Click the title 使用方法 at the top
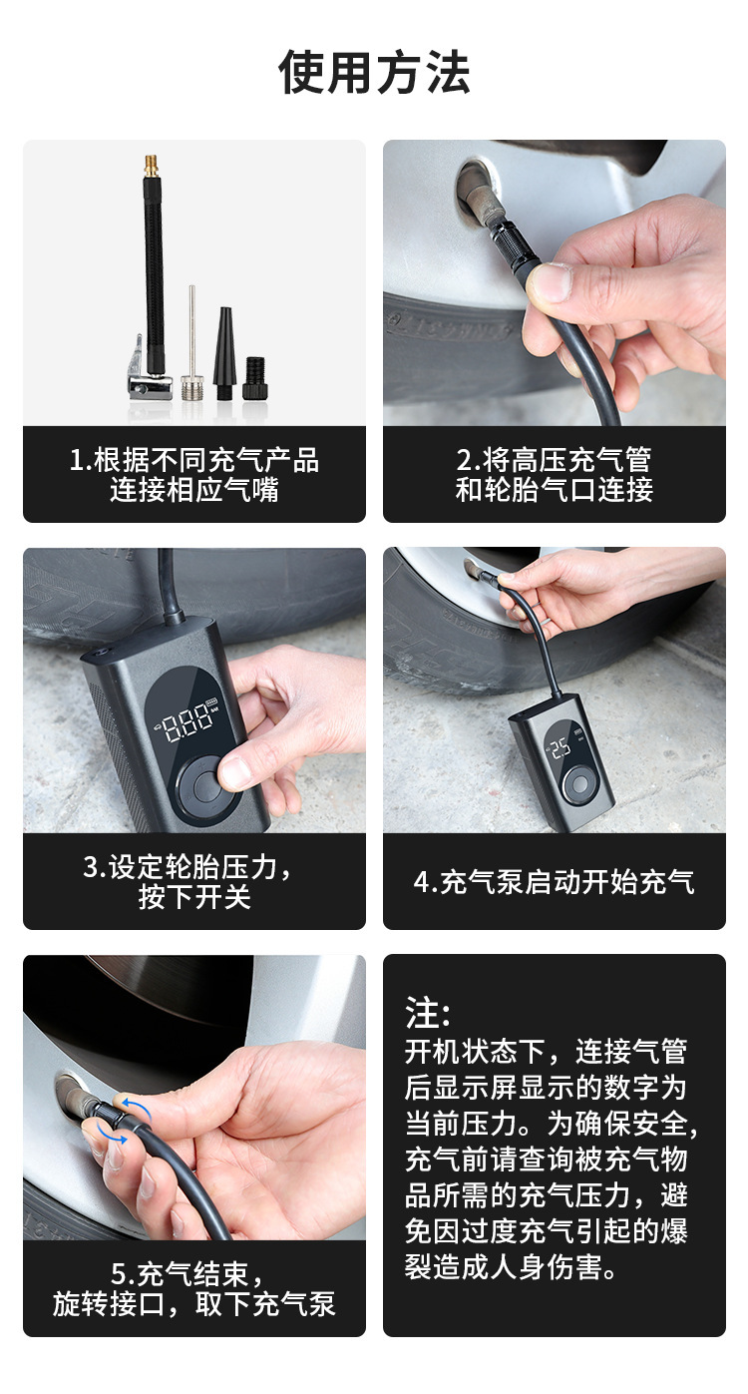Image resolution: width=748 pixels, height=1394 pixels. (374, 73)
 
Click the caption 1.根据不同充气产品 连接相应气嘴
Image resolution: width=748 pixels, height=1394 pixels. (194, 474)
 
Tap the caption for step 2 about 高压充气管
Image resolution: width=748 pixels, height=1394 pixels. (554, 474)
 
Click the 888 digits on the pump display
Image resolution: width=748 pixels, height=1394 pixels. (188, 720)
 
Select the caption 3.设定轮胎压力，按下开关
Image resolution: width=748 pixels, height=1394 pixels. (194, 881)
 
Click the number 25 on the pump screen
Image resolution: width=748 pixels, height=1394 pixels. (561, 747)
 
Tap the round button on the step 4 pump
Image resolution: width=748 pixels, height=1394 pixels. (575, 785)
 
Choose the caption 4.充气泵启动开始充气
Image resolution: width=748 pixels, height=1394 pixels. (554, 881)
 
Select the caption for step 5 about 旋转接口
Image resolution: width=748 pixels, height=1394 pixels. (194, 1288)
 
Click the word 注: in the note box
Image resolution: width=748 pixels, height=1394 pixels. (428, 1013)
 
